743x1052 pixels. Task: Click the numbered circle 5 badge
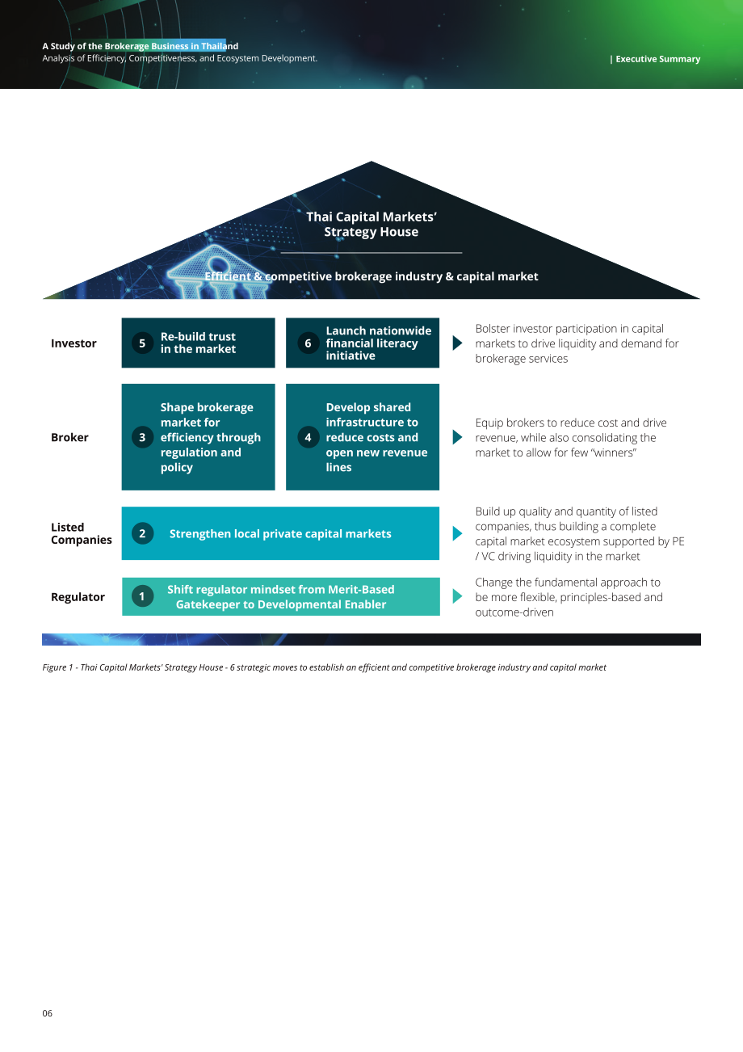pyautogui.click(x=142, y=343)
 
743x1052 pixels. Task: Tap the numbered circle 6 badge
pyautogui.click(x=309, y=343)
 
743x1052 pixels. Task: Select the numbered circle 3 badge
pyautogui.click(x=142, y=437)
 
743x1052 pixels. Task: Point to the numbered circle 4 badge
pyautogui.click(x=309, y=437)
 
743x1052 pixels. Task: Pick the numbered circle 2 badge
pyautogui.click(x=142, y=533)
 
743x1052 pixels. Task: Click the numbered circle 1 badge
pyautogui.click(x=142, y=596)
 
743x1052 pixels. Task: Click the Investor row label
pyautogui.click(x=73, y=343)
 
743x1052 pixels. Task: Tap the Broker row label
pyautogui.click(x=69, y=437)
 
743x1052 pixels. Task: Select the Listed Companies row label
pyautogui.click(x=82, y=533)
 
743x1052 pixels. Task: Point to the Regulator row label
pyautogui.click(x=78, y=597)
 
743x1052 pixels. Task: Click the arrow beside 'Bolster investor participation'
pyautogui.click(x=457, y=343)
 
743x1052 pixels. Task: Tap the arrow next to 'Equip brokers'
pyautogui.click(x=457, y=437)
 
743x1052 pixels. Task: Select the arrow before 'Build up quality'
pyautogui.click(x=457, y=533)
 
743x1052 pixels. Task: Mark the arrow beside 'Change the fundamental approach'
pyautogui.click(x=457, y=596)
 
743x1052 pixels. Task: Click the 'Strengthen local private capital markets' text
pyautogui.click(x=280, y=534)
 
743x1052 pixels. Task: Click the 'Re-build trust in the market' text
pyautogui.click(x=198, y=343)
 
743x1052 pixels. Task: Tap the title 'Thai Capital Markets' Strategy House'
pyautogui.click(x=371, y=224)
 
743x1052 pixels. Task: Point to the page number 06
pyautogui.click(x=48, y=1013)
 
